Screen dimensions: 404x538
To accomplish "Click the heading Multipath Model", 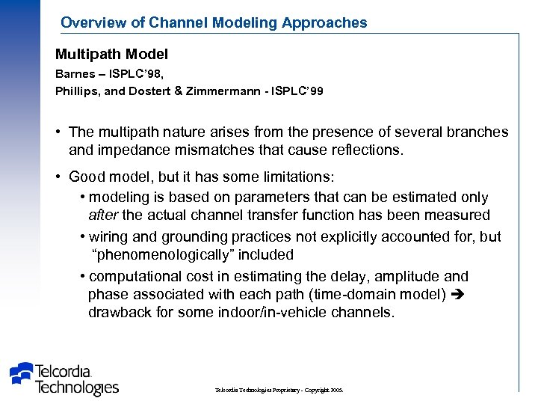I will [111, 55].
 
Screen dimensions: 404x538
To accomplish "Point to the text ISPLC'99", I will [297, 91].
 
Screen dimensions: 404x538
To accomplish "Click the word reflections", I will [365, 150].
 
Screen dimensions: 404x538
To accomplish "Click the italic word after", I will [103, 215].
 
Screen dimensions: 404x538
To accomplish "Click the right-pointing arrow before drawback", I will [459, 294].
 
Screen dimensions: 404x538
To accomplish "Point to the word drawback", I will [120, 312].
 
